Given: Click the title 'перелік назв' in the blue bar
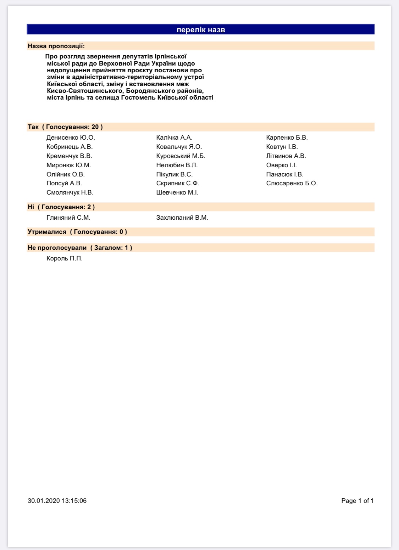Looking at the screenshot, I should (x=201, y=30).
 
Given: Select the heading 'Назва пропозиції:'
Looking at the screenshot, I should (x=56, y=46).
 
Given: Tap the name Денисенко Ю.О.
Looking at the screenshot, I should (x=71, y=137).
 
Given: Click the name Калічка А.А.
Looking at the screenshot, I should (x=174, y=137).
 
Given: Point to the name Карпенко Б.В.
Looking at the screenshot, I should (x=287, y=137).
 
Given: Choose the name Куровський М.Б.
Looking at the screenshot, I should (x=181, y=156).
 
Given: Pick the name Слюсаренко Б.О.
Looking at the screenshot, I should (x=292, y=183).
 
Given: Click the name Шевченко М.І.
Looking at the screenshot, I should (x=177, y=192).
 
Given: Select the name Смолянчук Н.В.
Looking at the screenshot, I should (x=70, y=192).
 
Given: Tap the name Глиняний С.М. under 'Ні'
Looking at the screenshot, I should (x=68, y=218).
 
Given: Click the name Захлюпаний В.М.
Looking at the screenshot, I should (x=182, y=218).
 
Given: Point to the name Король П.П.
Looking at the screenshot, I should (x=65, y=259).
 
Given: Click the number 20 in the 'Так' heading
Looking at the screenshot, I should (x=95, y=127).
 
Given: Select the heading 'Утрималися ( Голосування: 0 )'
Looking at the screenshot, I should (x=77, y=232).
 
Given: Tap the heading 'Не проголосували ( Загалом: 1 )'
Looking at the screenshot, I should (x=80, y=248).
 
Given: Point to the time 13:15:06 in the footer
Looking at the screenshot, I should (x=74, y=501).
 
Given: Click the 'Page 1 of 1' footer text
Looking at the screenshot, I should (x=358, y=501).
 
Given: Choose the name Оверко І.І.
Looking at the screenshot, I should (x=282, y=165).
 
